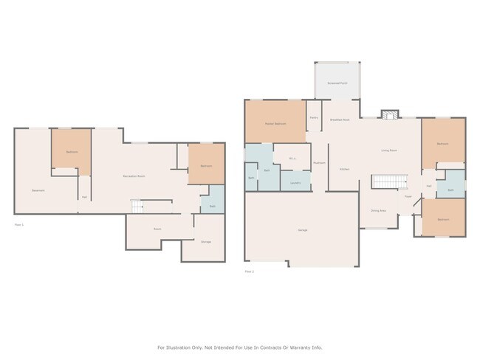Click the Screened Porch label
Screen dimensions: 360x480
point(337,84)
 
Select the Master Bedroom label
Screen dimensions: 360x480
point(275,123)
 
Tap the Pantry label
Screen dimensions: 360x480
point(314,118)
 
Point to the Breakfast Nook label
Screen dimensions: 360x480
point(340,120)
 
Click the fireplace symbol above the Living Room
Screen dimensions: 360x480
point(389,114)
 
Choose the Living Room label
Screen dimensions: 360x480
point(389,150)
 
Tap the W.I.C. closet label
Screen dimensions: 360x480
point(292,159)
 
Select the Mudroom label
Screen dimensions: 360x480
point(319,163)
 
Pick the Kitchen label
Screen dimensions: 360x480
point(345,169)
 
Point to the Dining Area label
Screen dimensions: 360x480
point(377,210)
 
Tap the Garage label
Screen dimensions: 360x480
point(303,231)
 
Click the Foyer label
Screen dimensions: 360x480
point(408,196)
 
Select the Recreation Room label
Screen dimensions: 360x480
point(134,176)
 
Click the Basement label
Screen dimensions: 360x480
point(38,191)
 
